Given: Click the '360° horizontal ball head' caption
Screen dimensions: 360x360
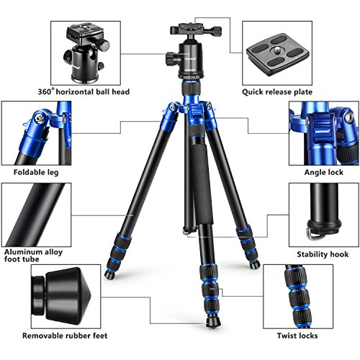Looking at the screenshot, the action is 84,91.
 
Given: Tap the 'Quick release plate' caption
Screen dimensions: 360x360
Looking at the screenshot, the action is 277,92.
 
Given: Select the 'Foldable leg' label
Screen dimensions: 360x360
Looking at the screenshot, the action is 36,172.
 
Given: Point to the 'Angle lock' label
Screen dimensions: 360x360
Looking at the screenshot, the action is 324,172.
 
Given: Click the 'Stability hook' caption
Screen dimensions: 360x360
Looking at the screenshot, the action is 323,254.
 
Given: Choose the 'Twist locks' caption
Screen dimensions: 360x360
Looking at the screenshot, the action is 297,336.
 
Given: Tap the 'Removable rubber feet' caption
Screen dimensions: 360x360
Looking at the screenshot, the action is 65,336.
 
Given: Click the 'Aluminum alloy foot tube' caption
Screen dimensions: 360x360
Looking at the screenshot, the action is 33,256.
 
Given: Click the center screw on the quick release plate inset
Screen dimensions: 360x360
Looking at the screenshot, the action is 276,50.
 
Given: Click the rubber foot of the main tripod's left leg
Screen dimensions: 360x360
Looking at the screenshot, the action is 110,274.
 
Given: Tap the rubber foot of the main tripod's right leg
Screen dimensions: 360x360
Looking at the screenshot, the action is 254,265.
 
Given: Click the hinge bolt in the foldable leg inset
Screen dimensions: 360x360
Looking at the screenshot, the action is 39,118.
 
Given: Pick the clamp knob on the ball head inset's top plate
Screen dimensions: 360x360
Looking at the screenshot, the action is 104,45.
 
